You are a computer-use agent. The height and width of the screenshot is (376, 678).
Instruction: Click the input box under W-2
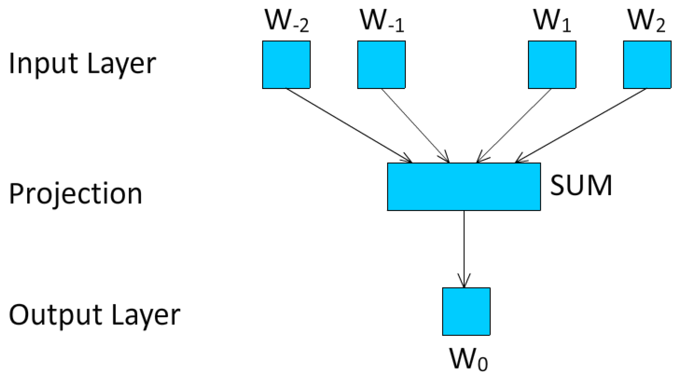(286, 65)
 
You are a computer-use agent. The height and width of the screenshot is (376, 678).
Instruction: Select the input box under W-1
(381, 65)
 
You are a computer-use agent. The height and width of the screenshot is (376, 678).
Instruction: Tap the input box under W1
(552, 65)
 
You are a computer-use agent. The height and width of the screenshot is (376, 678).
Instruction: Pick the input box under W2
(647, 65)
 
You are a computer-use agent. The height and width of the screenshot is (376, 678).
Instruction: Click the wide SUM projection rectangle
(464, 187)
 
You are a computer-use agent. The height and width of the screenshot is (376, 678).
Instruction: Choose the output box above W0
(466, 311)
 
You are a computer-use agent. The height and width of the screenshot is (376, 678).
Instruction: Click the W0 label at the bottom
(468, 359)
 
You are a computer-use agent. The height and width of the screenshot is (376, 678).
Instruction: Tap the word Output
(55, 315)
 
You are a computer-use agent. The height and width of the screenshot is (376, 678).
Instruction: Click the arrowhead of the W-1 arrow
(446, 159)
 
